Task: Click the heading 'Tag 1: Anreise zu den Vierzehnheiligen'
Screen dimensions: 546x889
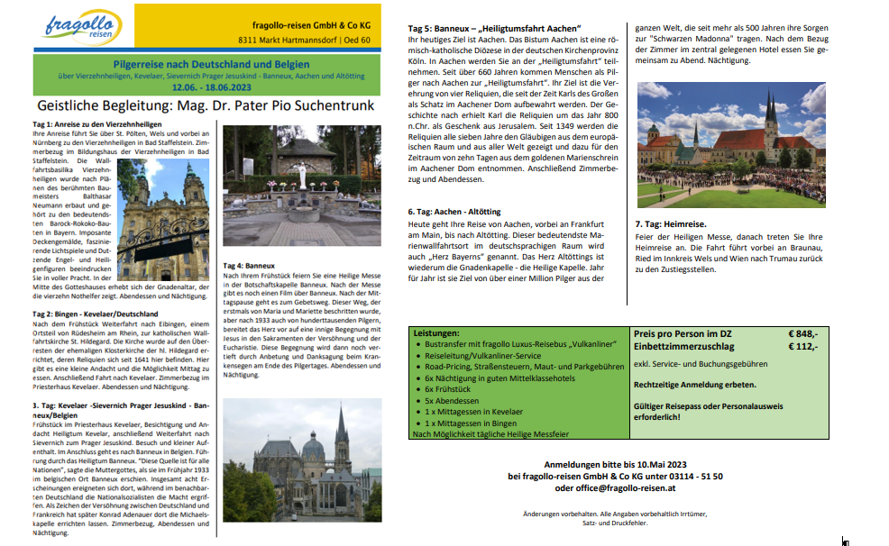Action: click(96, 123)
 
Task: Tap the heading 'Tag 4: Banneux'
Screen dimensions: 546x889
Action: click(248, 266)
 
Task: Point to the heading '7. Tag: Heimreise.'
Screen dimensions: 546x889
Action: click(672, 223)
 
